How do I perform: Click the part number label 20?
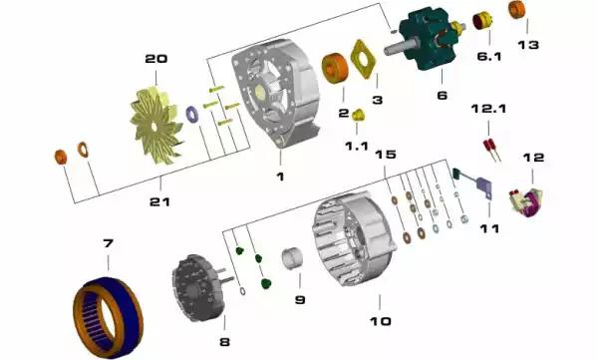(156, 59)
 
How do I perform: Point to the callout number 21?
(159, 201)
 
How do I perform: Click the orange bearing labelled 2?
(335, 68)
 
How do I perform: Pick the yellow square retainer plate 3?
(363, 59)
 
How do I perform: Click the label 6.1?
(489, 57)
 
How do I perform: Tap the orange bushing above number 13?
(516, 10)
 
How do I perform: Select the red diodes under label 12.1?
(491, 150)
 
